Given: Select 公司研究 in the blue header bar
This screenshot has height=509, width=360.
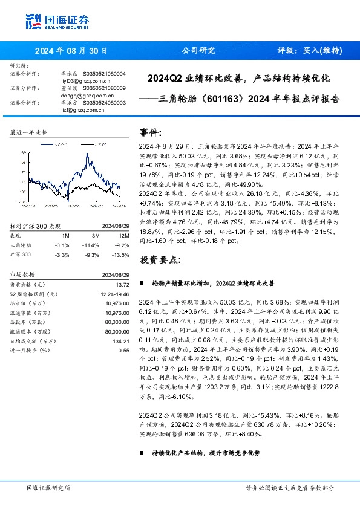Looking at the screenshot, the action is pos(198,51).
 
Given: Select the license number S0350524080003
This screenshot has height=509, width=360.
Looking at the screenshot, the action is pos(103,103).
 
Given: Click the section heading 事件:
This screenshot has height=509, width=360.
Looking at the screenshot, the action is pos(151,132).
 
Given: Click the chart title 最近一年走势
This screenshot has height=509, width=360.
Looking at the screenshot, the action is pos(28,132).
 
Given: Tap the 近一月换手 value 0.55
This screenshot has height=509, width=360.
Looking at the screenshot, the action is pos(124,351).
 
